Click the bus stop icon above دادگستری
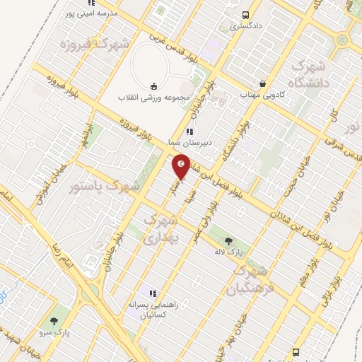click(x=245, y=15)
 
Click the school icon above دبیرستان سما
click(x=189, y=132)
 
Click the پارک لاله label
click(x=230, y=252)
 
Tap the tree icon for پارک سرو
click(x=54, y=322)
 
